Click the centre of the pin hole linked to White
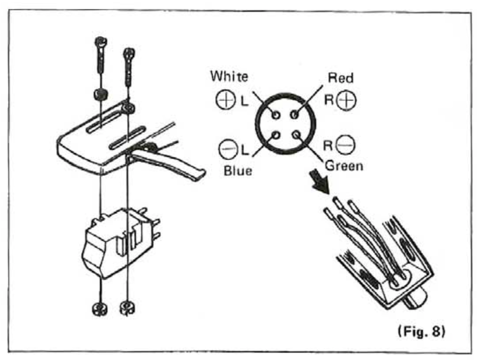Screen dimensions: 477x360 (x=276, y=115)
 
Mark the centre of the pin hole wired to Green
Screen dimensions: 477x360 (x=297, y=135)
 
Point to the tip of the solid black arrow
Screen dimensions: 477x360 (x=328, y=193)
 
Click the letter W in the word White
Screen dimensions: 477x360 (x=216, y=76)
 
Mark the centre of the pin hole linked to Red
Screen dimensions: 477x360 (x=294, y=115)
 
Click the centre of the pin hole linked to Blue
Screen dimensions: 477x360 (x=276, y=135)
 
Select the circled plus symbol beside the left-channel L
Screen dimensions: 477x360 (x=226, y=100)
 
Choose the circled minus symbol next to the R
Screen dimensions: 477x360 (x=346, y=145)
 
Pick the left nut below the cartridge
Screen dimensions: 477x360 (x=99, y=309)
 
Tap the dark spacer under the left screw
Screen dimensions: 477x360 (x=101, y=96)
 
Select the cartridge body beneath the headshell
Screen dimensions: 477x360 (x=118, y=242)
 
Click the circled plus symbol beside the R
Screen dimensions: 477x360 (x=346, y=100)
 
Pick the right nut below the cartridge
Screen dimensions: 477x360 (x=128, y=308)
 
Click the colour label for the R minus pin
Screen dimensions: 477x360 (x=344, y=166)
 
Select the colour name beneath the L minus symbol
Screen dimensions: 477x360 (x=238, y=171)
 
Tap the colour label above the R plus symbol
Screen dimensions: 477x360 (x=341, y=78)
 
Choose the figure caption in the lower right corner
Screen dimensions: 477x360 (x=422, y=331)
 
